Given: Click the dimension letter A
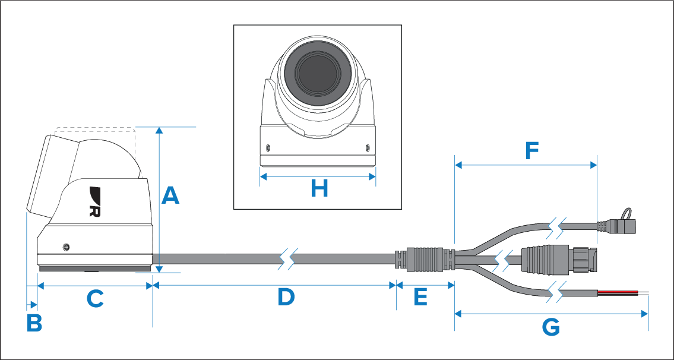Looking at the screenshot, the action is (170, 195).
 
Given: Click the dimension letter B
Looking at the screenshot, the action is (34, 323).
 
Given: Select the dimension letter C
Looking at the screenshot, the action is (95, 298).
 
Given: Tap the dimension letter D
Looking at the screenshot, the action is (286, 297).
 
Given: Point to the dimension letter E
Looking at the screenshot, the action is (421, 297).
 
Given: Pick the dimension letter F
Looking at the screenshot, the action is (531, 151).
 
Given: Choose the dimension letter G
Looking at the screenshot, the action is (551, 328).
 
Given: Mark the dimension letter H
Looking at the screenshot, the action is (319, 188).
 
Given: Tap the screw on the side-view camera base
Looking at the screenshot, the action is (66, 247).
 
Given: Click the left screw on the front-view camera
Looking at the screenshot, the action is (268, 148).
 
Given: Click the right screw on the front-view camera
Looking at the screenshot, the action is (366, 148).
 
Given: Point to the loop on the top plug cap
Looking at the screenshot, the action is (629, 214).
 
